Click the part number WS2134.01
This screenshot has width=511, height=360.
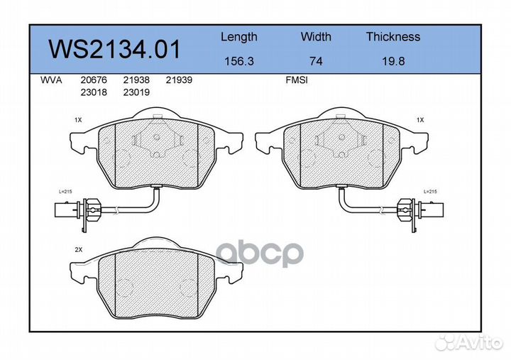coord(114,50)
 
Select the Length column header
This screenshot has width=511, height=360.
coord(238,37)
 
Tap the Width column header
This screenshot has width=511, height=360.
coord(316,37)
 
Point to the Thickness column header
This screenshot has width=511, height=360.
coord(392,37)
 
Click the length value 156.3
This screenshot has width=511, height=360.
coord(238,62)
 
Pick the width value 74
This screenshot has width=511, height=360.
coord(316,62)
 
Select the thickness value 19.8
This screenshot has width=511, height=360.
coord(392,62)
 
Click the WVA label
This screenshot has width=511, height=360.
coord(51,81)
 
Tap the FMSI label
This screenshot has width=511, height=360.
coord(295,81)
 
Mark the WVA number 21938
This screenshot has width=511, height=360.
coord(136,81)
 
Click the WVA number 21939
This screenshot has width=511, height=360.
coord(179,81)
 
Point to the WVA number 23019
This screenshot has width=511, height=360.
coord(136,92)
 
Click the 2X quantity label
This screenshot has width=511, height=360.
coord(78,251)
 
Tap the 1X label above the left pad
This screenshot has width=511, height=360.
coord(78,121)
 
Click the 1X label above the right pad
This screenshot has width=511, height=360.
coord(419,121)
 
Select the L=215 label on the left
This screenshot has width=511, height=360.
coord(66,192)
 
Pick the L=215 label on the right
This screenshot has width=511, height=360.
coord(431,192)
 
